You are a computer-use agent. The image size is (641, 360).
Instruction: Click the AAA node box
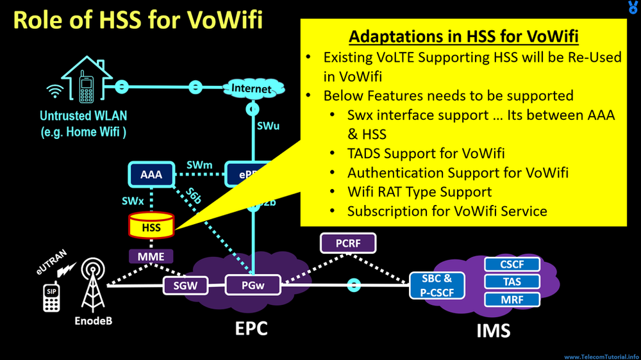[x=151, y=174]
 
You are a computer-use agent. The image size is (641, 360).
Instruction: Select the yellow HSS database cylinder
[x=151, y=226]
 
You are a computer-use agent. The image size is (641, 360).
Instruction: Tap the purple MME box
[x=151, y=257]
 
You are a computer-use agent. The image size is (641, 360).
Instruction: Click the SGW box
[x=184, y=286]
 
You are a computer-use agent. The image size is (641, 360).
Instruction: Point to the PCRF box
[x=347, y=243]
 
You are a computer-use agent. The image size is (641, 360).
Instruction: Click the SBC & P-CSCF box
[x=437, y=285]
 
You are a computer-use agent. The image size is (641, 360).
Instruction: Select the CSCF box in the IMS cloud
[x=512, y=264]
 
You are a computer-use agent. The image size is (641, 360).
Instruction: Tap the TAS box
[x=512, y=281]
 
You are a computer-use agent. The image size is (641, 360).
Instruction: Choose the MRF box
[x=512, y=299]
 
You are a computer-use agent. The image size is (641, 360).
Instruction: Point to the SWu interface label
[x=268, y=126]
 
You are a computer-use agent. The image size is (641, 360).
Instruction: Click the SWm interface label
[x=199, y=165]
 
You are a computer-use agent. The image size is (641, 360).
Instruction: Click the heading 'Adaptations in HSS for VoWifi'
[x=463, y=37]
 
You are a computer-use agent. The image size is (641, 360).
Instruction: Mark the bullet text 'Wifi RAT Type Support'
[x=419, y=192]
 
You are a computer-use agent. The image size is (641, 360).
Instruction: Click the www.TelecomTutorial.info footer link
[x=601, y=356]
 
